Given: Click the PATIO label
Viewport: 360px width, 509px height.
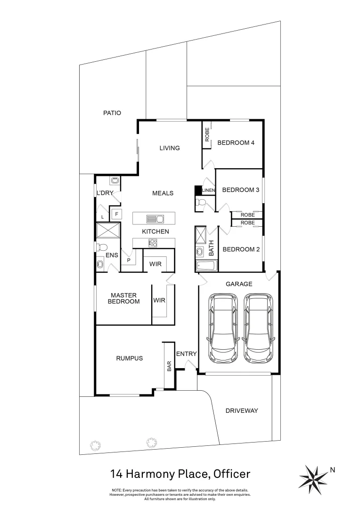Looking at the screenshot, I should pyautogui.click(x=112, y=113).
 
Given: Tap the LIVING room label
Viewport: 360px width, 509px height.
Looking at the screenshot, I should pyautogui.click(x=169, y=148).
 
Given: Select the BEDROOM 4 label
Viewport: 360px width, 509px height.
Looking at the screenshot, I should pyautogui.click(x=236, y=143).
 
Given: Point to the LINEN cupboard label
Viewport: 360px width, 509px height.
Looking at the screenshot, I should pyautogui.click(x=208, y=190).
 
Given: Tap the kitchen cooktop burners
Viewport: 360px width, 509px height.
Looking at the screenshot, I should pyautogui.click(x=153, y=243).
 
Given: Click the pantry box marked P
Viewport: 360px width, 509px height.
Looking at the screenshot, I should pyautogui.click(x=128, y=260).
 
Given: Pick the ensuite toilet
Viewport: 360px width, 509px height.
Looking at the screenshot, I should pyautogui.click(x=102, y=247).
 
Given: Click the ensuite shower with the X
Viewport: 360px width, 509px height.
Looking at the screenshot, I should pyautogui.click(x=108, y=231).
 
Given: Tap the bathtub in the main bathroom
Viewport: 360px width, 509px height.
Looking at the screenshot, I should pyautogui.click(x=206, y=266).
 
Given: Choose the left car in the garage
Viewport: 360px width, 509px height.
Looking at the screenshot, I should pyautogui.click(x=223, y=328).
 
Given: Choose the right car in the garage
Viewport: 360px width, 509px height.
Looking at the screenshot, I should pyautogui.click(x=258, y=328).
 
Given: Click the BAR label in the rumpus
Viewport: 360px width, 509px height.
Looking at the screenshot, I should pyautogui.click(x=169, y=367).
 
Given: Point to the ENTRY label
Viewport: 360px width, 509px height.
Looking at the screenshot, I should pyautogui.click(x=186, y=354).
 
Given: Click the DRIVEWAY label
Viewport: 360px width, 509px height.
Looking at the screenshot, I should pyautogui.click(x=242, y=410).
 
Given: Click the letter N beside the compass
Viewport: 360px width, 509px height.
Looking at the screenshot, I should pyautogui.click(x=333, y=469).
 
